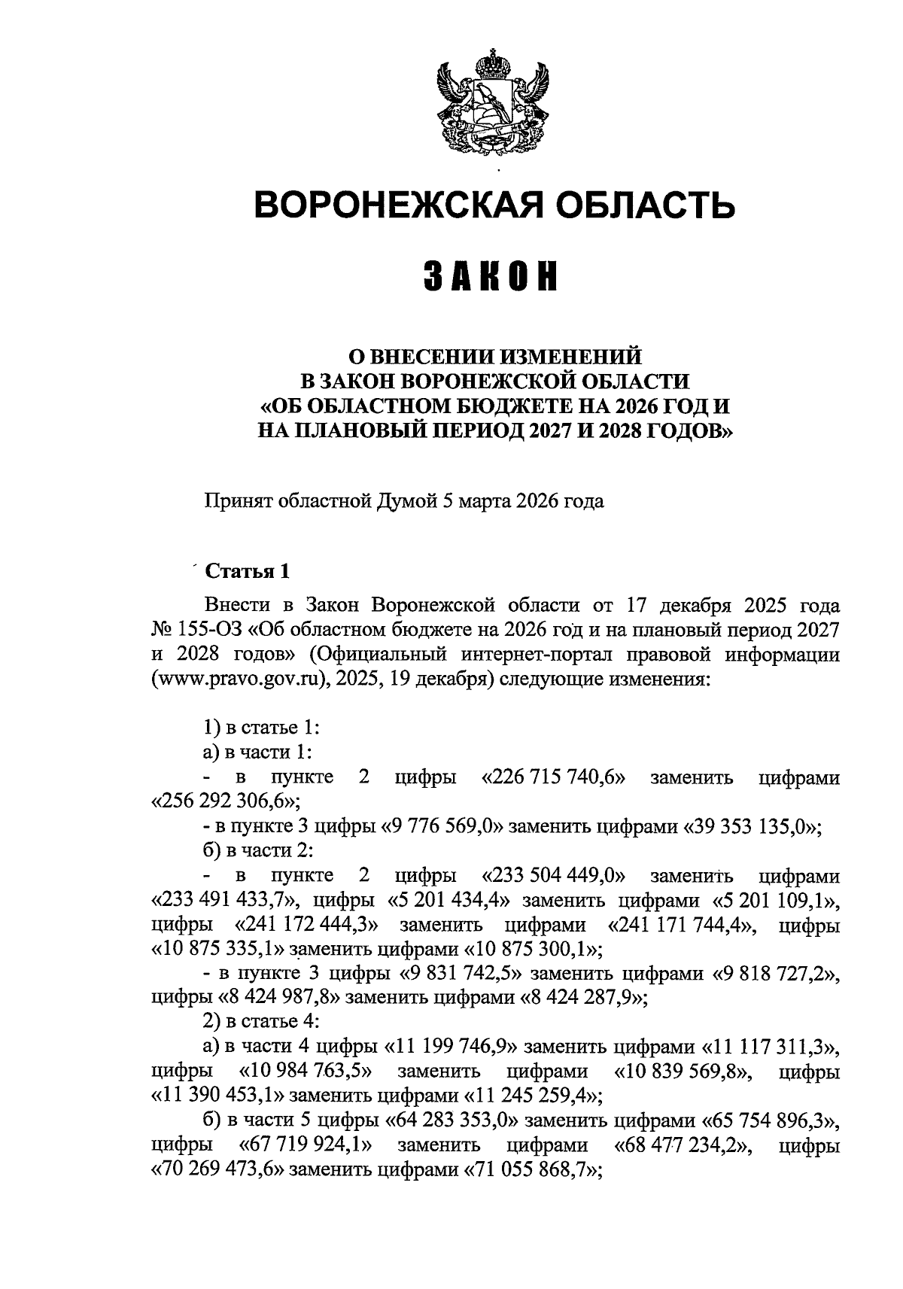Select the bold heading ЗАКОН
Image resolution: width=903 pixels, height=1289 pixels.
click(494, 278)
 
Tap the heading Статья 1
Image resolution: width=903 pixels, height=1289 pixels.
click(247, 571)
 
